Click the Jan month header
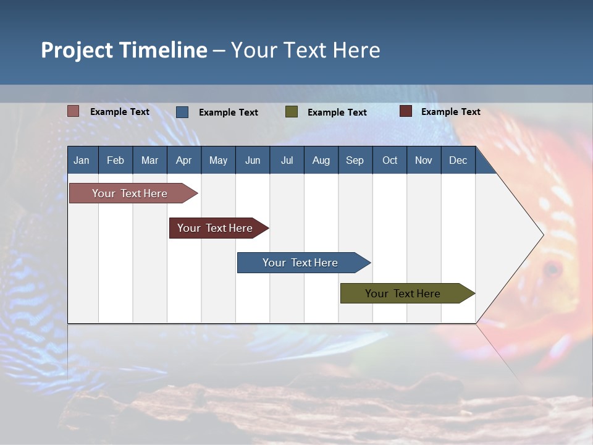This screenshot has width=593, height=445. click(x=82, y=161)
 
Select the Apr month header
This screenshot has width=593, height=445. click(x=183, y=161)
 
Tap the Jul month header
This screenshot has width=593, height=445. click(x=287, y=161)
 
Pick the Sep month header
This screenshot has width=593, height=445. click(x=355, y=161)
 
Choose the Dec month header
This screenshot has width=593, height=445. click(x=458, y=161)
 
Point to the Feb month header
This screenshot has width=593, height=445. click(x=116, y=161)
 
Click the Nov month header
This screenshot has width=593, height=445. click(x=423, y=161)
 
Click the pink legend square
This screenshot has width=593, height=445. click(x=74, y=111)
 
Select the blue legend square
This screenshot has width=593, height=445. click(x=182, y=112)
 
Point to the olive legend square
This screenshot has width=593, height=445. click(x=292, y=112)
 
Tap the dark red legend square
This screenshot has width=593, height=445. click(x=405, y=111)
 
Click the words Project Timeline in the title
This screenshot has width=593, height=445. click(x=124, y=50)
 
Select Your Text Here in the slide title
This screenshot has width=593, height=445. click(x=306, y=50)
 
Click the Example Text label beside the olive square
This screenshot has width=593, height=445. click(x=337, y=112)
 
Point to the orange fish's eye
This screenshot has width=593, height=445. click(x=551, y=269)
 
